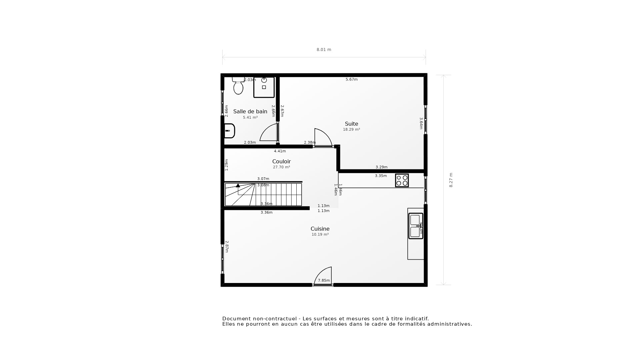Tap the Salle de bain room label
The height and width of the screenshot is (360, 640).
(x=250, y=111)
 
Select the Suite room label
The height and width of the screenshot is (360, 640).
(x=351, y=124)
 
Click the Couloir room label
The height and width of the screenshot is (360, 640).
(x=281, y=161)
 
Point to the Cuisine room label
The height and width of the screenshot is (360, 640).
(x=320, y=229)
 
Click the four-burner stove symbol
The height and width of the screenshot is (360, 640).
(x=402, y=180)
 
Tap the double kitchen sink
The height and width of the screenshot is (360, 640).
(x=415, y=226)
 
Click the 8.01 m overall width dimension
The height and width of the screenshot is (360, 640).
(x=324, y=50)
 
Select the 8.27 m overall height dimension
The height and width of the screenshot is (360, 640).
(x=451, y=180)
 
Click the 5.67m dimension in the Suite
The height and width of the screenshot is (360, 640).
(x=351, y=79)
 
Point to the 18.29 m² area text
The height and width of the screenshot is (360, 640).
(x=351, y=129)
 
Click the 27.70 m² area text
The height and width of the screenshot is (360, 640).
(x=281, y=167)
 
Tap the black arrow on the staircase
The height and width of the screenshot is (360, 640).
(x=238, y=185)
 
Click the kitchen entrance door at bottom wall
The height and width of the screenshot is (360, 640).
(x=323, y=277)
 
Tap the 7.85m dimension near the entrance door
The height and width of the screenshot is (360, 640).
(x=324, y=280)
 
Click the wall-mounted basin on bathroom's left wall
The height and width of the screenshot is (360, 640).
(x=229, y=131)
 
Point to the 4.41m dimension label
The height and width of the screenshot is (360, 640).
(x=280, y=151)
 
